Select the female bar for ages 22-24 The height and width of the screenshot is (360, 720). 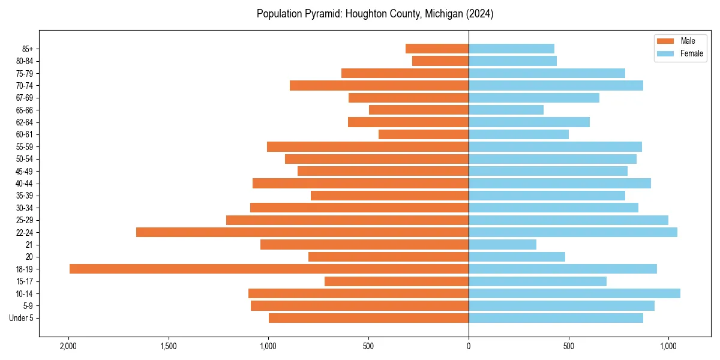572,232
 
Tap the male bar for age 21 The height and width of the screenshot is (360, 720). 364,244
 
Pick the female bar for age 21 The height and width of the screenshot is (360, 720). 502,244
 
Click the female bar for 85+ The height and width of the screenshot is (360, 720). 511,49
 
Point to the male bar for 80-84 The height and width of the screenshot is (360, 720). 440,61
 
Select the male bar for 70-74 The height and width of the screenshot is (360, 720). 379,85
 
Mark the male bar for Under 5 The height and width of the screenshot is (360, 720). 368,318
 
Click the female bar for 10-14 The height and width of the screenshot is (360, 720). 574,293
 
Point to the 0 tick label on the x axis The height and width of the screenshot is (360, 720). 469,347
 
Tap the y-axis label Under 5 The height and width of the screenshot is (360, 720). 21,318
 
